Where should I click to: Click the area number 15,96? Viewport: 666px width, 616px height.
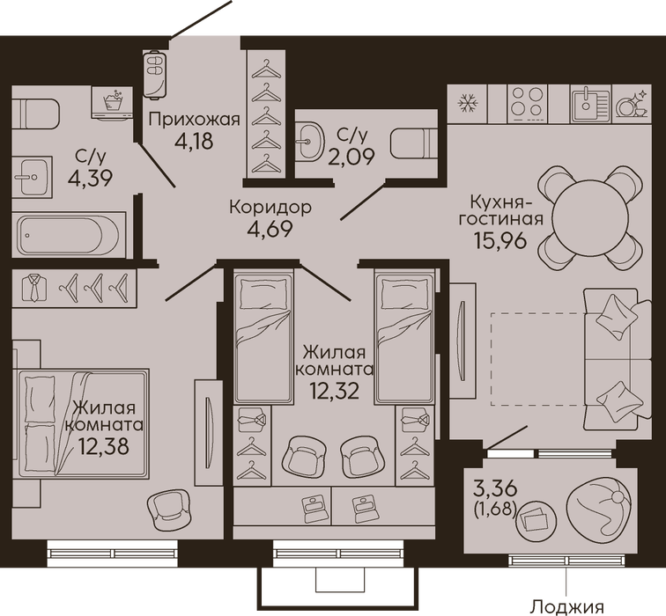pos(499,241)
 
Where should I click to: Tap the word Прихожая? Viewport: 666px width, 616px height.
pos(194,120)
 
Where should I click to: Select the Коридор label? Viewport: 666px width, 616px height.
pos(270,208)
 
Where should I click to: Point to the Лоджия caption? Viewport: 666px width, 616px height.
pos(568,606)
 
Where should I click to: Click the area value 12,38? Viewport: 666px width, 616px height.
pos(104,446)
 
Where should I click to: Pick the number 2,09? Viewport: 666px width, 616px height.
pos(351,157)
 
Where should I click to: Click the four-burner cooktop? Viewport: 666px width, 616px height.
pos(527,104)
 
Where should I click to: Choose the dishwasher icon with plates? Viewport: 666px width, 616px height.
pos(632,104)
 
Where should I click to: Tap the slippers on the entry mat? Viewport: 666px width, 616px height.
pos(156,75)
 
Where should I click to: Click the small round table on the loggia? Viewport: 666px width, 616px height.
pos(536,521)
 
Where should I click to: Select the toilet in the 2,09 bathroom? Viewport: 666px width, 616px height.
pos(413,143)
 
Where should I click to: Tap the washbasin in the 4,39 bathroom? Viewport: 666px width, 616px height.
pos(33,177)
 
